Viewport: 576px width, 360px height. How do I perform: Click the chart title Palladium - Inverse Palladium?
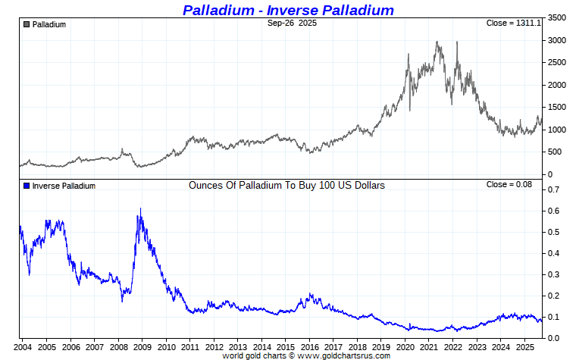288,10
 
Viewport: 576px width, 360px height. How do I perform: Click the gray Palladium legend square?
27,24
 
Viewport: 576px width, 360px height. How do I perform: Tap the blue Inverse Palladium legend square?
27,186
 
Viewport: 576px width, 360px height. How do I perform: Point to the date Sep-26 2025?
292,23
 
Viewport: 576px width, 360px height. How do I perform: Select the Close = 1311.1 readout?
513,23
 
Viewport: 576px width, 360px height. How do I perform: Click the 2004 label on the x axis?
22,346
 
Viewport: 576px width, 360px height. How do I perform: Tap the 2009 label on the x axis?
142,346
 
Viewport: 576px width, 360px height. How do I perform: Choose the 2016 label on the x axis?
309,346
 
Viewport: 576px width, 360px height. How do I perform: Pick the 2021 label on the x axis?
429,346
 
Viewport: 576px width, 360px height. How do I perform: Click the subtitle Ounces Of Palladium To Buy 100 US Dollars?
286,185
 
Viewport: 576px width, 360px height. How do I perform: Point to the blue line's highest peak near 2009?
139,208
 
